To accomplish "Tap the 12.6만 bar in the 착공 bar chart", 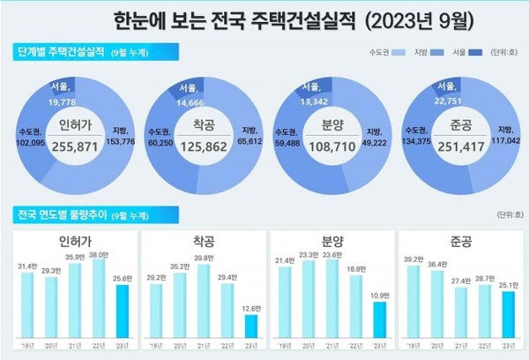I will tap(250, 326).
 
